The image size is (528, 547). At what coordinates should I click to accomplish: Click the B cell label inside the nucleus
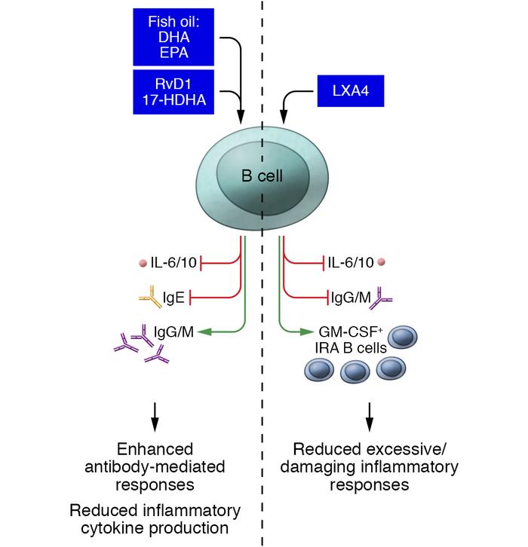pos(262,176)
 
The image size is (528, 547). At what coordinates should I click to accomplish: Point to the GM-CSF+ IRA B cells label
pos(352,339)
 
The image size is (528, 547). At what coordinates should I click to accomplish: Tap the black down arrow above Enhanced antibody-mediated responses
pos(155,411)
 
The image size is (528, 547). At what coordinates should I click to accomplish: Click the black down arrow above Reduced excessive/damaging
pos(370,411)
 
